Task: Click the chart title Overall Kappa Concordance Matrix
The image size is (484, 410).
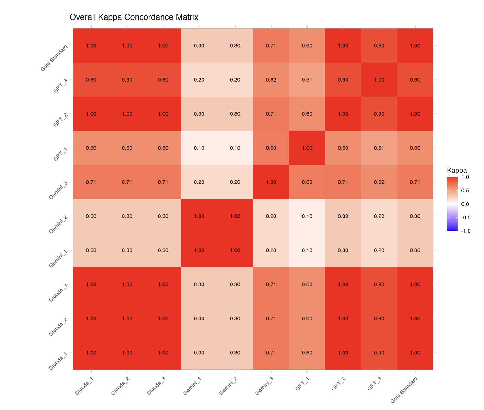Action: click(134, 17)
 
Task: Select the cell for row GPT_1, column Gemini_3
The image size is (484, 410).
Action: click(271, 148)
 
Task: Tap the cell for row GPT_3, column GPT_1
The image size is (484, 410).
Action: click(307, 80)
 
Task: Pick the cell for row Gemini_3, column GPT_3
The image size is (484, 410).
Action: click(379, 182)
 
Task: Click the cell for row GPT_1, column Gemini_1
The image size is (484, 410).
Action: click(199, 148)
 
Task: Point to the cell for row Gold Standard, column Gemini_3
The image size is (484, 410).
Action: click(271, 45)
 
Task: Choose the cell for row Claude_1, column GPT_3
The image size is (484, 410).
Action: click(379, 353)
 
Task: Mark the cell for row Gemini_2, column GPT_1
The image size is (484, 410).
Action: click(307, 216)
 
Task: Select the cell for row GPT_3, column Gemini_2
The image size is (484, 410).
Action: click(235, 80)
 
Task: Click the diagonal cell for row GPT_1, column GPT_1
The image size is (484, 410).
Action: click(307, 148)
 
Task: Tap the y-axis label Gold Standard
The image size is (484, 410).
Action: click(55, 58)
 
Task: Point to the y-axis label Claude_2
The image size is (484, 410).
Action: click(58, 327)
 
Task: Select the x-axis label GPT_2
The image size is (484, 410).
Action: click(338, 384)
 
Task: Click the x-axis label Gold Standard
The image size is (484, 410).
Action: click(404, 390)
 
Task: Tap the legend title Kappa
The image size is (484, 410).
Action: click(457, 171)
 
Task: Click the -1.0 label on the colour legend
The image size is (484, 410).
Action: click(466, 231)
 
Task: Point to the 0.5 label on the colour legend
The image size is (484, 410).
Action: click(465, 191)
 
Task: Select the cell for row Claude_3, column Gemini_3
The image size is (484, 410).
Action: click(271, 284)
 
